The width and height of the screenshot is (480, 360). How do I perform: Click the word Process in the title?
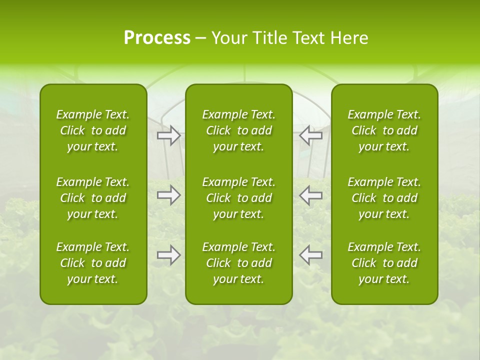(157, 38)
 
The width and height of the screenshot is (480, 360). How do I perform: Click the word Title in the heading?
(269, 38)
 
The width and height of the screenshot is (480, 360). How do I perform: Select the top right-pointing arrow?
(168, 135)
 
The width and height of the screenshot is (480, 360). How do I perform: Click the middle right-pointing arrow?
(168, 195)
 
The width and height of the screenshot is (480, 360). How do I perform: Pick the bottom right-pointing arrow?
(168, 255)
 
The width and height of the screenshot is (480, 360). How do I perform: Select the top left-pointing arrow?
(310, 135)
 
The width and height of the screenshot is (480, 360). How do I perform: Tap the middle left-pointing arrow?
(310, 195)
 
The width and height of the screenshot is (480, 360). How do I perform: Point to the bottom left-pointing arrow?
(310, 255)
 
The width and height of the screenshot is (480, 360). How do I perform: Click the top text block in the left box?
(93, 130)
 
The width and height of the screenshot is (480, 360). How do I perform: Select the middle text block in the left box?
(93, 198)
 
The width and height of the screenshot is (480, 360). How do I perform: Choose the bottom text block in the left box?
(93, 263)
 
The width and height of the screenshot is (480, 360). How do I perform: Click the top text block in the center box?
(238, 130)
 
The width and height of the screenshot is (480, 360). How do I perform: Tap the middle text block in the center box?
(238, 198)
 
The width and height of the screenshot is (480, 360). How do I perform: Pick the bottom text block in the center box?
(238, 263)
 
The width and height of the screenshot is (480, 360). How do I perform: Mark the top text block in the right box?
(384, 130)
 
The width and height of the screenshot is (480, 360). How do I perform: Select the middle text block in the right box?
(384, 198)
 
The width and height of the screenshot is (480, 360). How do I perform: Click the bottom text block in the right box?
(384, 263)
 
